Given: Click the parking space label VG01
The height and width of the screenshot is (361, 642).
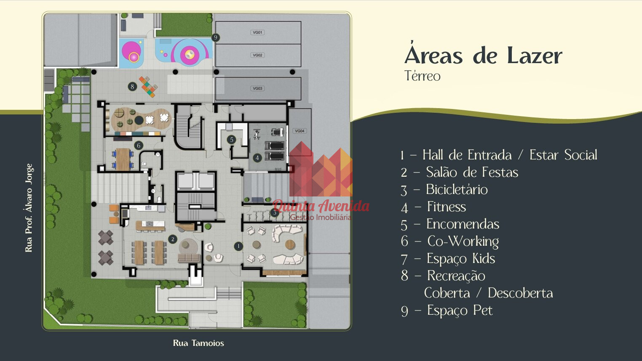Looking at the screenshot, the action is pos(257,32).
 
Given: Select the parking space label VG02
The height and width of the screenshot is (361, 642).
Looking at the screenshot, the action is pos(257,55).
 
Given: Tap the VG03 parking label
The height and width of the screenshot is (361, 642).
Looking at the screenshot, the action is pos(257,88).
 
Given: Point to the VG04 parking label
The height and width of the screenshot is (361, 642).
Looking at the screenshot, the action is pos(300,131).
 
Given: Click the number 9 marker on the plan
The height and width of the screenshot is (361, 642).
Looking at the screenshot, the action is pos(216,37).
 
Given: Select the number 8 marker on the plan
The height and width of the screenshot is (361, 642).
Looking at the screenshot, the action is pos(132,86).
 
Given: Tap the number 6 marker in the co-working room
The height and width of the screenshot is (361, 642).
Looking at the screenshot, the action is pos(139,146).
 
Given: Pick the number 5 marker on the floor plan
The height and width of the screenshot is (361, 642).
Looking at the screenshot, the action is pos(232,140).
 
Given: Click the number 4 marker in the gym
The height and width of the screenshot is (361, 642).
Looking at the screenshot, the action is pos(257,158).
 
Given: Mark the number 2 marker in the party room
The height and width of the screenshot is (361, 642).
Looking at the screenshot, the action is pos(173,239).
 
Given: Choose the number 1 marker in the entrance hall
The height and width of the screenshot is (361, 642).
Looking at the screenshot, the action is pos(238,246).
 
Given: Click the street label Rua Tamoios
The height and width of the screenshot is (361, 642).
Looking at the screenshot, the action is pos(198,343).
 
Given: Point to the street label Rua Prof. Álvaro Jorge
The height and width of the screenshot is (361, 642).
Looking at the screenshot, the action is pos(29,208).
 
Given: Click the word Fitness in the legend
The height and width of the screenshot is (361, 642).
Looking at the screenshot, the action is pos(447,207).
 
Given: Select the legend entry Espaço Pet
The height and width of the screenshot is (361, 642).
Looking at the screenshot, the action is pos(460,311).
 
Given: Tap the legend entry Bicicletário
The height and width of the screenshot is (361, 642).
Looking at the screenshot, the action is pos(457,189).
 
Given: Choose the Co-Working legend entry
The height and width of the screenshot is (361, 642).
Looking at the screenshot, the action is pos(463,242).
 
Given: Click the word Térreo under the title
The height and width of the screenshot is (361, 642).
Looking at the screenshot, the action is pos(422,76).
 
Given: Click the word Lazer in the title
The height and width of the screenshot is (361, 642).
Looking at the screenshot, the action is pos(535,56).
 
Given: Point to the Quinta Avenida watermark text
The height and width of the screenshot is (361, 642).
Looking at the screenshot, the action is pos(321,206).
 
